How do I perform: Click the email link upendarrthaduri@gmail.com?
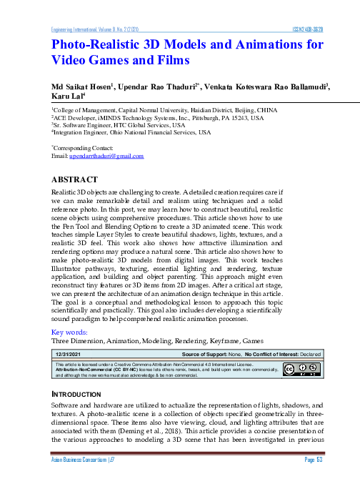click(111, 155)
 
